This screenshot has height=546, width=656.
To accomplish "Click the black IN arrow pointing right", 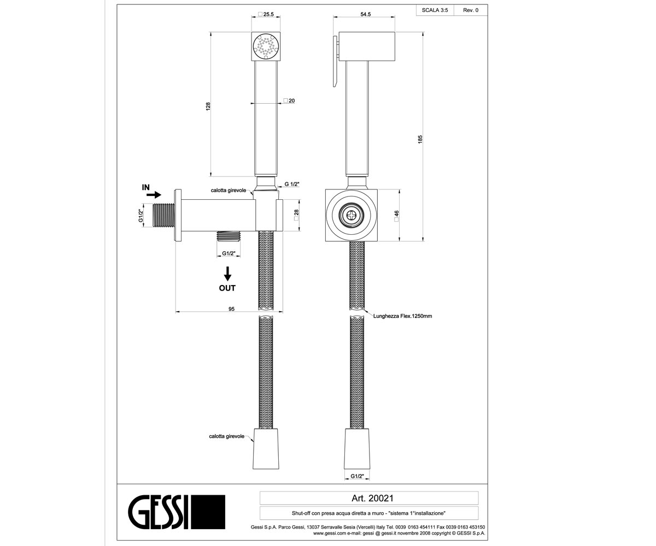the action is tap(154, 195).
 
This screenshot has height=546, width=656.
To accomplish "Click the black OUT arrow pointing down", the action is tap(227, 274).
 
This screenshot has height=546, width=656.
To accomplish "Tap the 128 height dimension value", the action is tap(208, 106).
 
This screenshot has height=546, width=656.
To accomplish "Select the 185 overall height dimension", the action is tap(420, 139).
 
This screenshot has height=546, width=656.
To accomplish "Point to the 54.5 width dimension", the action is tap(366, 14).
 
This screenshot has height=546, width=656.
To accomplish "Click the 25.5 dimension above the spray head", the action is tap(266, 14).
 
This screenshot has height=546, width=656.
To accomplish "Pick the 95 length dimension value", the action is tap(231, 309).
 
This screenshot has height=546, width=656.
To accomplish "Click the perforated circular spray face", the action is tap(266, 46).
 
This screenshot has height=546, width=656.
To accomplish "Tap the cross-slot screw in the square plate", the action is tap(352, 215).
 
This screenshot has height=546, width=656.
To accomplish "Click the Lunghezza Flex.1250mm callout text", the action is tap(402, 316).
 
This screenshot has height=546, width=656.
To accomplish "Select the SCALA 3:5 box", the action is tap(435, 10).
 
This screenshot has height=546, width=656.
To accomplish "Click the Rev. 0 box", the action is tap(471, 10).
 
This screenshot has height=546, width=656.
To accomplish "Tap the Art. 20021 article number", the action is tap(372, 498).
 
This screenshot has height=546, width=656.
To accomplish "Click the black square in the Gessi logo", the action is tap(208, 512).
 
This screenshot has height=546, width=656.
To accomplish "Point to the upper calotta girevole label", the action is tap(229, 191).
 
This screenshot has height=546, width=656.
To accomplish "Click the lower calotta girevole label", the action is tap(226, 436).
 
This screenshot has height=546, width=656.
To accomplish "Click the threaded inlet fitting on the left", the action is tap(163, 215).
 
